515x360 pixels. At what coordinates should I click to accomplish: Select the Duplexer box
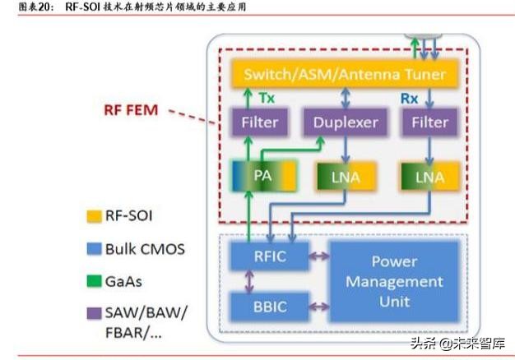tap(345, 124)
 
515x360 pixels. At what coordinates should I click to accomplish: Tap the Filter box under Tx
tap(260, 124)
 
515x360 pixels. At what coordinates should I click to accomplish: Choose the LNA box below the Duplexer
tap(345, 177)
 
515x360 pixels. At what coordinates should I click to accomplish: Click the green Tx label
tap(267, 98)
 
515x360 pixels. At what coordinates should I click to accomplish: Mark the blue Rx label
tap(409, 98)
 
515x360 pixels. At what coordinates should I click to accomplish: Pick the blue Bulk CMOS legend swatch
tap(92, 249)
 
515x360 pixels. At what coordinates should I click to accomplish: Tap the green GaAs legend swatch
tap(92, 281)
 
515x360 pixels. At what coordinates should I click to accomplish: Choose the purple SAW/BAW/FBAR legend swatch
tap(92, 313)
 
